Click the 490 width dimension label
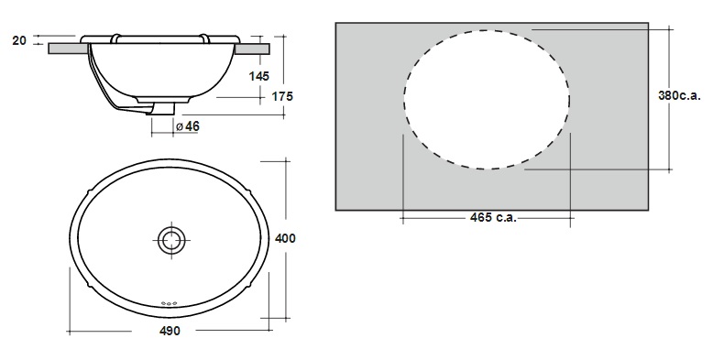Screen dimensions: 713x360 170,331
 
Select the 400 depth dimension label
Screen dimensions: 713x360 285,238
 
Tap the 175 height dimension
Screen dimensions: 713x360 282,96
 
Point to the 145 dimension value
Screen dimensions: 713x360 259,76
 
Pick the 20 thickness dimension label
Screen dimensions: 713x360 19,40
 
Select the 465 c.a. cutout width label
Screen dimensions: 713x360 493,218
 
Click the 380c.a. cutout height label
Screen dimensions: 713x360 680,95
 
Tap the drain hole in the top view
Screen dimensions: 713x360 172,240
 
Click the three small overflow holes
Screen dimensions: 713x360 169,303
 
